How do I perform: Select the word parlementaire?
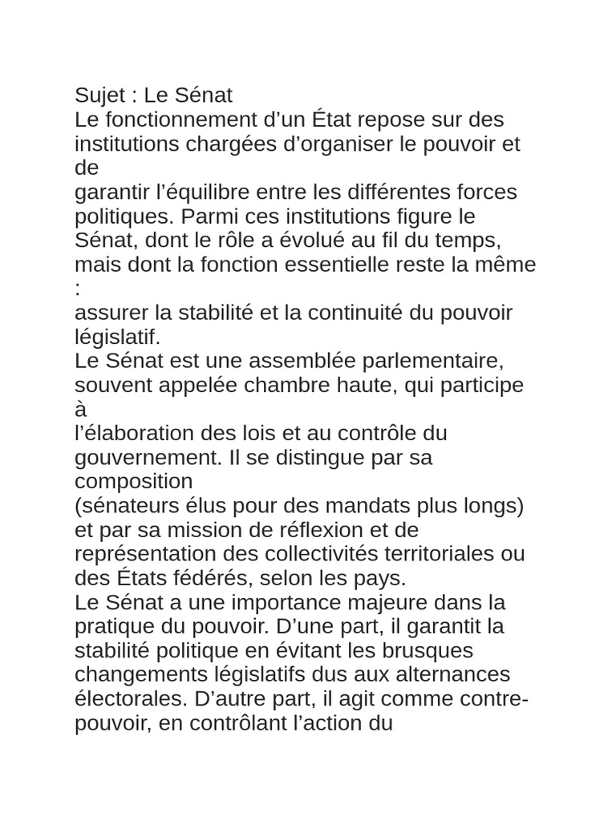coord(429,361)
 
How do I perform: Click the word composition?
coord(134,482)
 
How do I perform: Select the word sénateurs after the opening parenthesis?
coord(123,506)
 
